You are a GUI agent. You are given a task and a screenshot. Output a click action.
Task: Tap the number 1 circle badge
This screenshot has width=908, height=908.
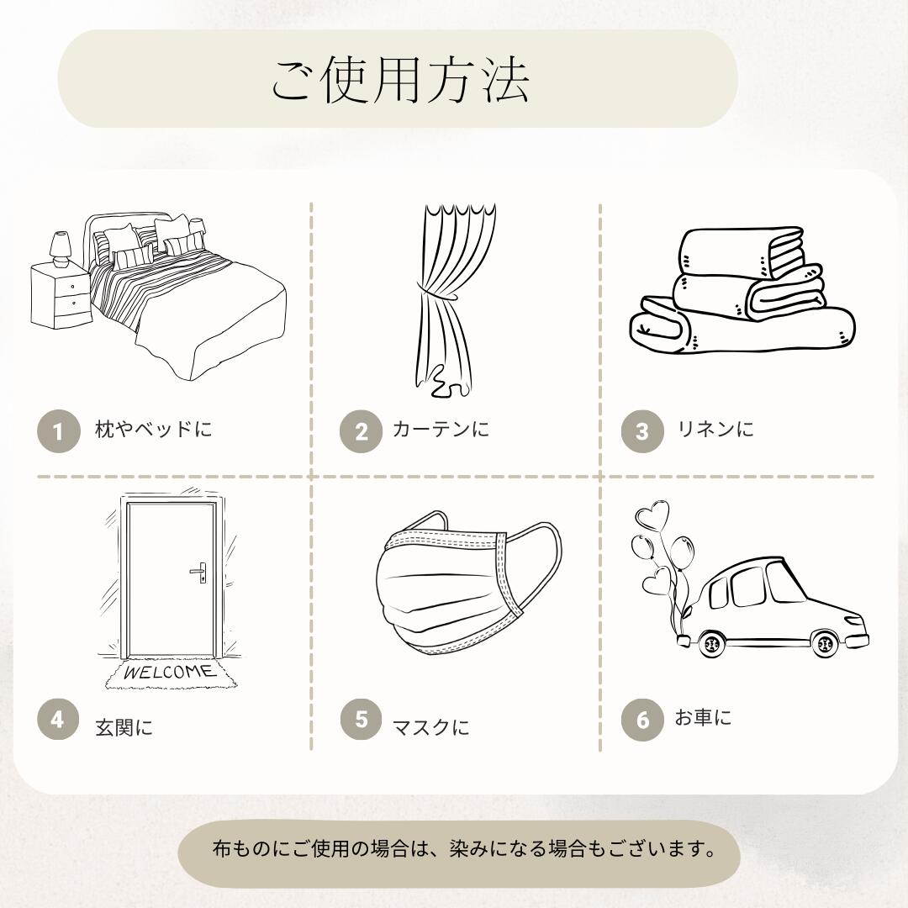tap(59, 430)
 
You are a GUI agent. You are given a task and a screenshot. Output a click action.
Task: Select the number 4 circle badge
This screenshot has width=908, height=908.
tap(59, 719)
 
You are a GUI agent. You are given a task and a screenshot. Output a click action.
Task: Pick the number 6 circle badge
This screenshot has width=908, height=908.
tap(642, 719)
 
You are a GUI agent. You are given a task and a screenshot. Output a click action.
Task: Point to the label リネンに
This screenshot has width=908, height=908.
tap(715, 429)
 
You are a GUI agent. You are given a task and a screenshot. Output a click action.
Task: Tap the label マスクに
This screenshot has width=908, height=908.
tap(430, 726)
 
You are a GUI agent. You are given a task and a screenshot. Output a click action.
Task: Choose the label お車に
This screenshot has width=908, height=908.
tap(703, 717)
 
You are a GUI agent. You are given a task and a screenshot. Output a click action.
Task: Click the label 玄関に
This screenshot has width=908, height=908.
tap(124, 726)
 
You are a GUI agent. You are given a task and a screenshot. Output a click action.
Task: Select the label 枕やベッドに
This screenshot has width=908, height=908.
tap(154, 429)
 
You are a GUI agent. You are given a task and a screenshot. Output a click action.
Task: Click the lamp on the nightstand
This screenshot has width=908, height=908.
tap(61, 250)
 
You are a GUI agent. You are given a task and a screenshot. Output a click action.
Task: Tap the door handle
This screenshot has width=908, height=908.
tap(198, 573)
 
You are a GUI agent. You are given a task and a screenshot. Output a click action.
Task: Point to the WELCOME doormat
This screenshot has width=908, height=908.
tap(170, 673)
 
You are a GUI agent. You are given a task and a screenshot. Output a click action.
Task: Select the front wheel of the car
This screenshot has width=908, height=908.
tap(825, 643)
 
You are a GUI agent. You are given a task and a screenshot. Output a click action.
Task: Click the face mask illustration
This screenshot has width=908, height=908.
tap(468, 582)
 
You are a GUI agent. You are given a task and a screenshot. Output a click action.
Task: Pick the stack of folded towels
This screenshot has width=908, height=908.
tap(742, 290)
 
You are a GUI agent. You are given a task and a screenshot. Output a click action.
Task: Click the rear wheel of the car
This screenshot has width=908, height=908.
tap(711, 643)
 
